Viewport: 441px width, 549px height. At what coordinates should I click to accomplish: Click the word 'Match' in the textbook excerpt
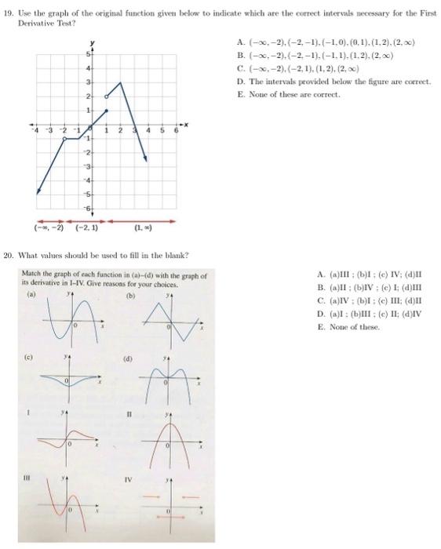[34, 276]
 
